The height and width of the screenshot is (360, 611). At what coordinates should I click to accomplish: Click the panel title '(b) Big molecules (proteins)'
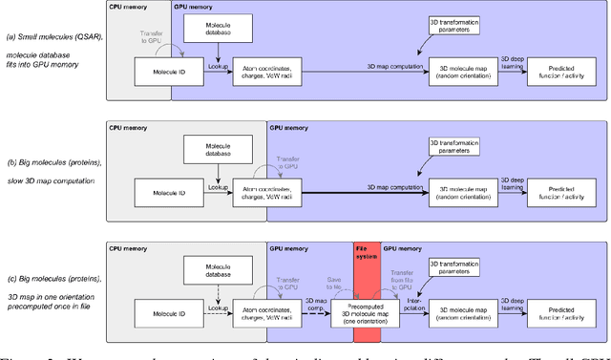click(53, 163)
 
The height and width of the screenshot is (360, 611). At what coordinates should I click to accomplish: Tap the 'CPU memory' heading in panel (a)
click(130, 7)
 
